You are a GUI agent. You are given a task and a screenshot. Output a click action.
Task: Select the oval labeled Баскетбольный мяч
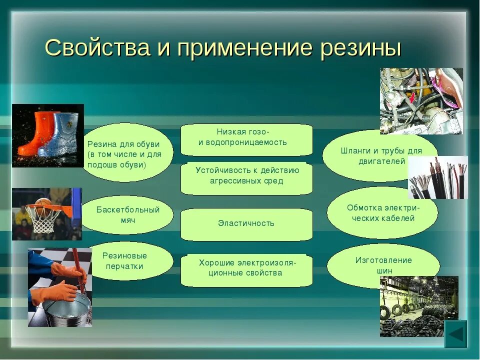tap(127, 215)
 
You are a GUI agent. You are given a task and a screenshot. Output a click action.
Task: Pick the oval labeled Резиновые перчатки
tap(125, 261)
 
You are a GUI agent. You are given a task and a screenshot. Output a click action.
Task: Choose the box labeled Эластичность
tap(246, 224)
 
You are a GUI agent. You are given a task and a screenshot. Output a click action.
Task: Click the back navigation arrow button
tap(455, 333)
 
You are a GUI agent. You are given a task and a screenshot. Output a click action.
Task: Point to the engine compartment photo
tap(421, 100)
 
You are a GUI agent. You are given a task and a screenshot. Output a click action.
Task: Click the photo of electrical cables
tap(437, 177)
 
